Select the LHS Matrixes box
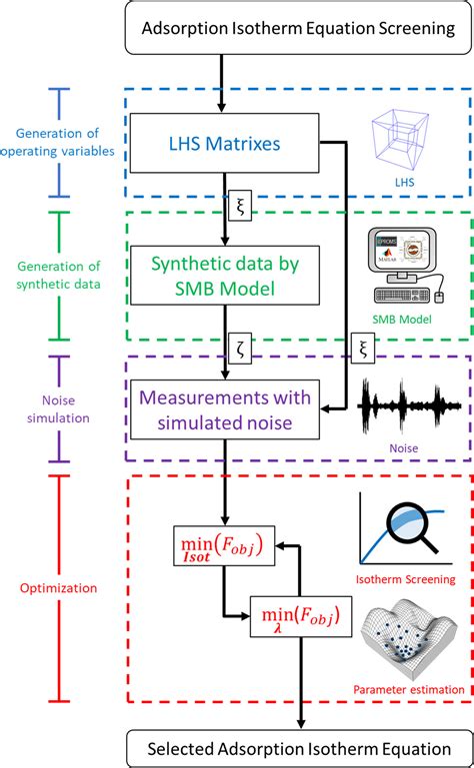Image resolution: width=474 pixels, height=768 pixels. coord(215,143)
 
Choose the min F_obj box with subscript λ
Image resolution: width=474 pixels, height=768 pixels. coord(298,616)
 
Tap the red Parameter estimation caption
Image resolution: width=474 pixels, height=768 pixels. coord(408,689)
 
